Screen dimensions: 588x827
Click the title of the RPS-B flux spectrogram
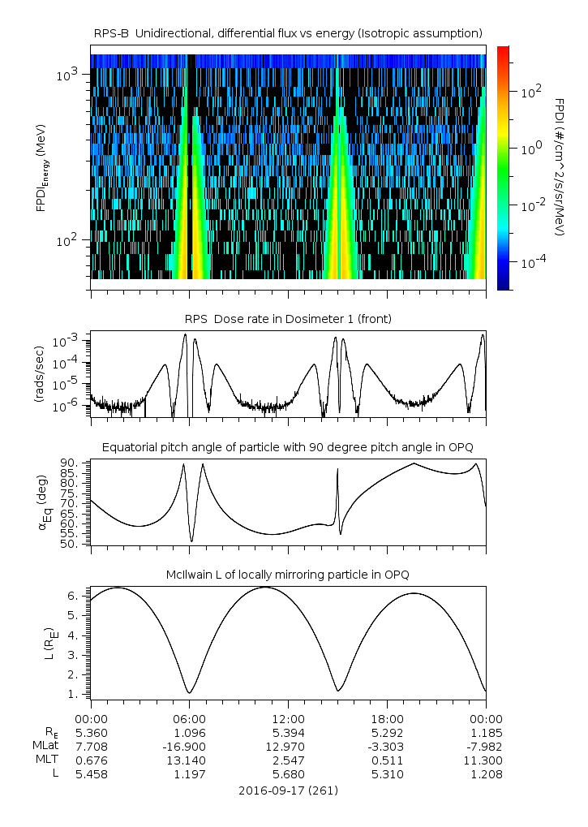tap(288, 34)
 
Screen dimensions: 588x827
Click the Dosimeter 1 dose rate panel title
tap(288, 319)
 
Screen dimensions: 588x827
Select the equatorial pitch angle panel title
tap(288, 448)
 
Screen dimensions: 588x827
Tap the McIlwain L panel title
tap(288, 575)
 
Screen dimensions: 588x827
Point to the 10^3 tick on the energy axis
tap(67, 75)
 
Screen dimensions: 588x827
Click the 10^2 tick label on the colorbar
tap(531, 93)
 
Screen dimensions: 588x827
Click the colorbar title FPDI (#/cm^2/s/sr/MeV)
tap(560, 166)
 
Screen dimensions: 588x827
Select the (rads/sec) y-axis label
tap(39, 374)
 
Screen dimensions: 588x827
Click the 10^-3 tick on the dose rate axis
tap(65, 342)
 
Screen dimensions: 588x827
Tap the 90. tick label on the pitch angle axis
tap(69, 463)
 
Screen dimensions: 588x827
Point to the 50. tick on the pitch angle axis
tap(69, 545)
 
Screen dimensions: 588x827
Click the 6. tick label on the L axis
tap(73, 596)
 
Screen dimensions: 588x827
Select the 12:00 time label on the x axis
tap(288, 719)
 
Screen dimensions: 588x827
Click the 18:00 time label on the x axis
tap(387, 719)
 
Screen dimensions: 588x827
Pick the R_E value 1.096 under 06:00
tap(190, 733)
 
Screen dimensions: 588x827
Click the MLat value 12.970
tap(288, 747)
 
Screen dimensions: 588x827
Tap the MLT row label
tap(47, 760)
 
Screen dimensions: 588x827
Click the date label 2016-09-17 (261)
tap(288, 790)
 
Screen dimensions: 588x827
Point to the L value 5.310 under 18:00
tap(387, 774)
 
